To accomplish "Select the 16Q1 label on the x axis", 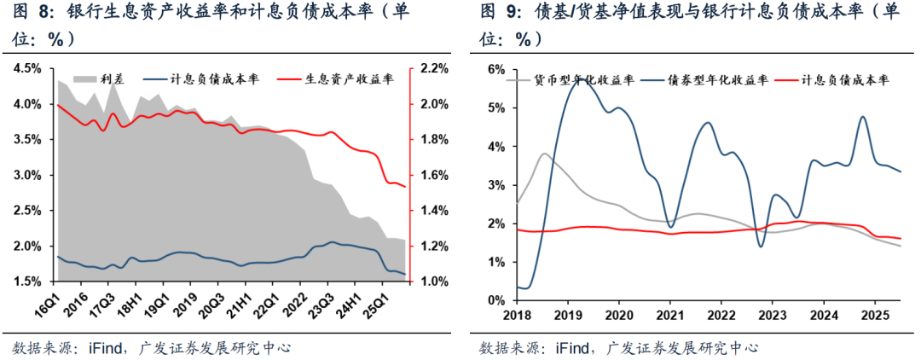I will pyautogui.click(x=61, y=304).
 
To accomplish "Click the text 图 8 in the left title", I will pyautogui.click(x=28, y=11).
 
